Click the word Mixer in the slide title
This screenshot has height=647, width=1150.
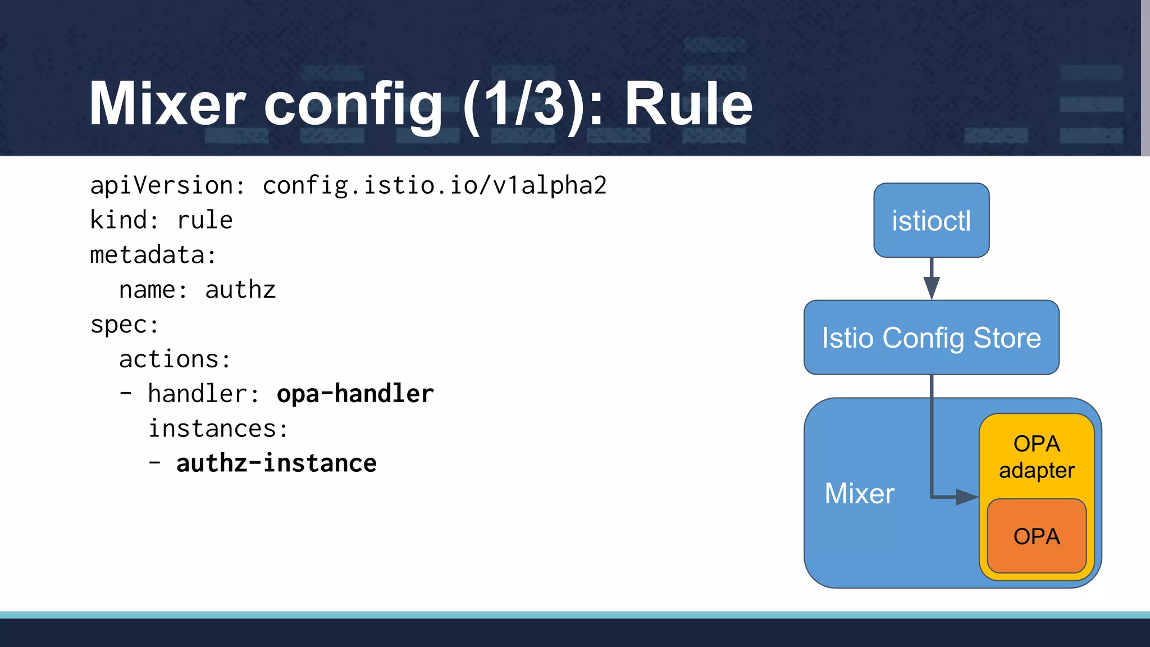tap(167, 104)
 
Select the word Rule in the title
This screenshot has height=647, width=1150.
tap(688, 104)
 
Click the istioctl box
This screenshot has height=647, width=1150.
tap(931, 220)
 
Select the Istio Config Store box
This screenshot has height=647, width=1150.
tap(931, 338)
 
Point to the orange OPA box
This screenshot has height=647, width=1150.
tap(1037, 536)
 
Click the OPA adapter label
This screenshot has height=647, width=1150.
tap(1037, 457)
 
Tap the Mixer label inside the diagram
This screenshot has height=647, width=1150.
tap(859, 494)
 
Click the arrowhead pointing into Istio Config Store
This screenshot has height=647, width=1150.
tap(932, 288)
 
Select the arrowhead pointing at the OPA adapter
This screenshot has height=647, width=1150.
tap(966, 497)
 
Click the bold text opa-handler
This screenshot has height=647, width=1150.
tap(355, 394)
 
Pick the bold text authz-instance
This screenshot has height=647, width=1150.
tap(276, 463)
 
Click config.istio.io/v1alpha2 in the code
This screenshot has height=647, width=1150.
tap(435, 185)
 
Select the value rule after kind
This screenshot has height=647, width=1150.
tap(205, 220)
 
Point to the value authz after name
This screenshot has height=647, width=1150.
tap(240, 290)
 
